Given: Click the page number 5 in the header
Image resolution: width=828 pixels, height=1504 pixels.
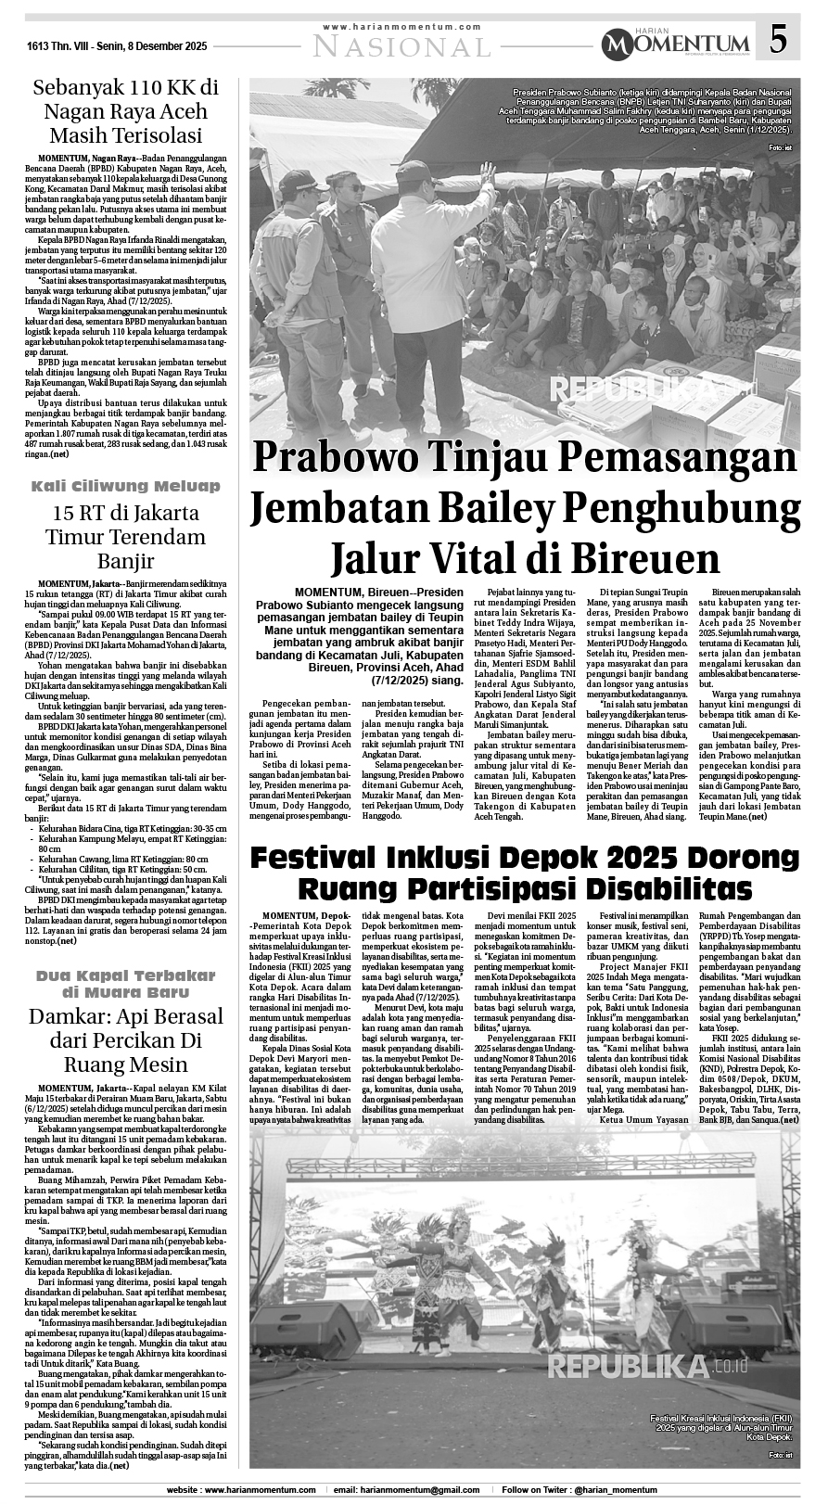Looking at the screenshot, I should coord(779,41).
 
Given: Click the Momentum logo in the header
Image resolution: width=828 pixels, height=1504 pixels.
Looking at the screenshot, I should coord(675,43).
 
